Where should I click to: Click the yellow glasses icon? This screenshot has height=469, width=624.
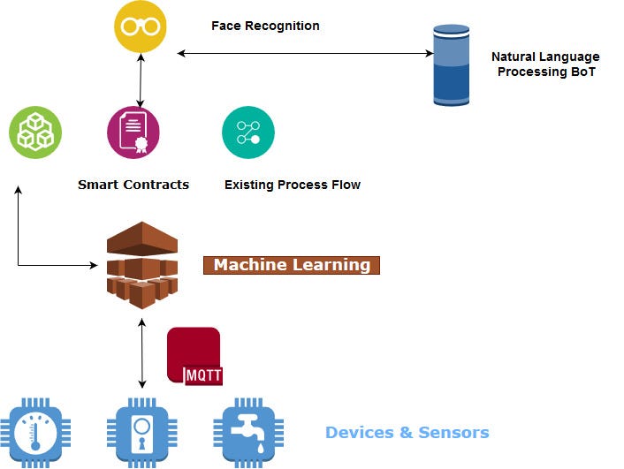[x=140, y=26]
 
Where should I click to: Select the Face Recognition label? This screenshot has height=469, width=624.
[x=265, y=26]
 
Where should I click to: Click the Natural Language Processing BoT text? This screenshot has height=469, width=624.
[x=545, y=64]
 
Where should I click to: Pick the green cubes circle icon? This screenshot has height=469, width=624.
[x=35, y=132]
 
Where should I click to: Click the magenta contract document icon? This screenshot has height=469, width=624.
[x=133, y=132]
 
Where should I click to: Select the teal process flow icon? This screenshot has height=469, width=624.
[x=247, y=132]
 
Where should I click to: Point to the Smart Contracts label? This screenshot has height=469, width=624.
[x=133, y=185]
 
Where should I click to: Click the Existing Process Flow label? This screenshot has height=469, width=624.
[x=293, y=185]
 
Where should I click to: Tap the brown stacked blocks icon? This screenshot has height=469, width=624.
[x=141, y=264]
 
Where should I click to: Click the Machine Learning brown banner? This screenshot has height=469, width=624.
[x=292, y=265]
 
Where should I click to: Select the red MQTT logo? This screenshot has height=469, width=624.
[x=194, y=356]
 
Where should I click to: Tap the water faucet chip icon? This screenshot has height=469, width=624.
[x=247, y=433]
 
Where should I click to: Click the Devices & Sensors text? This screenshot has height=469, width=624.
[x=407, y=433]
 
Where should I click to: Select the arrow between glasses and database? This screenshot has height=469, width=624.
[x=305, y=54]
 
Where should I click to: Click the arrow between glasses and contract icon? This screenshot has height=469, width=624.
[x=141, y=79]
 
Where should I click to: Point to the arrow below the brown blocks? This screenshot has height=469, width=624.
[x=142, y=353]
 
